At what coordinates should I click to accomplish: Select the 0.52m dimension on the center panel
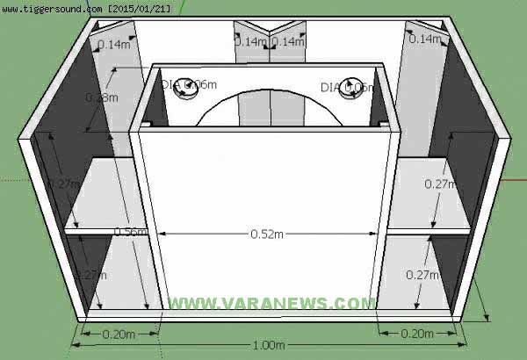[267, 234]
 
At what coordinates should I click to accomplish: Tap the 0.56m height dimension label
[129, 232]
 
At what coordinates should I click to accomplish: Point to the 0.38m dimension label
[101, 97]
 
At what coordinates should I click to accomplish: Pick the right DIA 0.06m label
[346, 87]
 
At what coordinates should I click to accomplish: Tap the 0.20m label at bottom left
[118, 334]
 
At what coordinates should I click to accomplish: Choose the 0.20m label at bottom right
[416, 334]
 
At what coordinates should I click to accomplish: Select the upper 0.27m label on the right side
[439, 184]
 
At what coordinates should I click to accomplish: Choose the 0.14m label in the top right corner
[425, 40]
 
